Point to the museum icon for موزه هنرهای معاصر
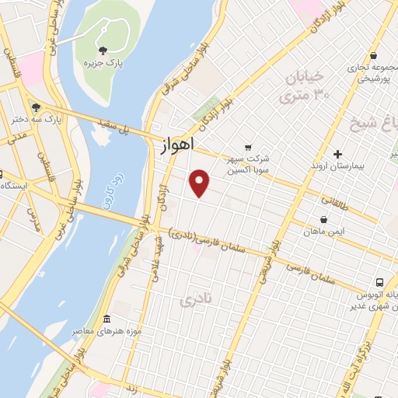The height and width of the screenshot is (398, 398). tap(106, 319)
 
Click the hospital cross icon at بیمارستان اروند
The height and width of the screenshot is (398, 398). tap(337, 153)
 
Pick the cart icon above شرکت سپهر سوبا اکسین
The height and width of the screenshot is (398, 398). tap(248, 147)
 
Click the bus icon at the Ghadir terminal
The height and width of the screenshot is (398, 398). tap(379, 282)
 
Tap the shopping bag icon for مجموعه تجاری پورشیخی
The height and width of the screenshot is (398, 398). tap(374, 57)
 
